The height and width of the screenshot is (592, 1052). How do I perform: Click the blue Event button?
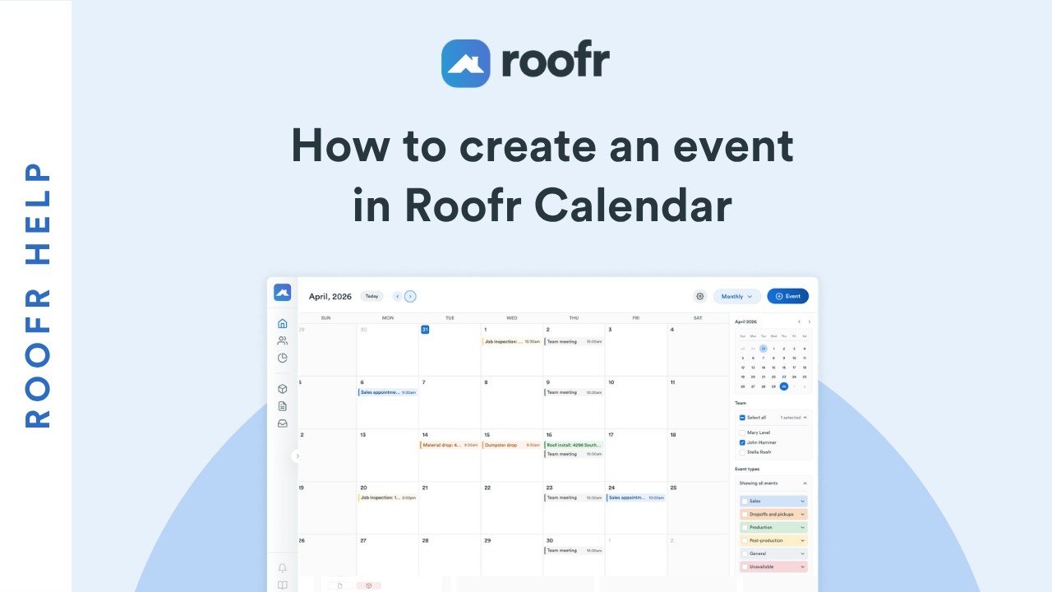pos(787,296)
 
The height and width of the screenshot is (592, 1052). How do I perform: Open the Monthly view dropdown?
pos(736,296)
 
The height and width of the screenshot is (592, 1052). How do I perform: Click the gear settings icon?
pos(700,296)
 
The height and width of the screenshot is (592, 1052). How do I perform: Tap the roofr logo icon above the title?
pos(465,63)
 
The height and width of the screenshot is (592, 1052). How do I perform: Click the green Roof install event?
pos(574,445)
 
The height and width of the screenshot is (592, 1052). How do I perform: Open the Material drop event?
pos(449,445)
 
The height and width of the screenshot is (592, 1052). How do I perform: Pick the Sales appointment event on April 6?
pos(388,392)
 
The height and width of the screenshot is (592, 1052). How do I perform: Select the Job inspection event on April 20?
pos(388,497)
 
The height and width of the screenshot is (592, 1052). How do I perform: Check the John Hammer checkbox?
pos(742,442)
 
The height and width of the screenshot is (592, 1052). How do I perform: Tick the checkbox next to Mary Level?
pos(742,432)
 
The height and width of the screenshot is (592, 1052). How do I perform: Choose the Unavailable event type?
pos(773,567)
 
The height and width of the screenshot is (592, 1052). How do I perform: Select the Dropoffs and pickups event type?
pos(773,514)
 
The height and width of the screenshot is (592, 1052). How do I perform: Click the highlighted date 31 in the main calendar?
pos(425,330)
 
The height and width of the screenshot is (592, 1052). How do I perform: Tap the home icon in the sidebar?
pos(283,323)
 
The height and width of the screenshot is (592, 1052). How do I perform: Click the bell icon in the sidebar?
pos(283,568)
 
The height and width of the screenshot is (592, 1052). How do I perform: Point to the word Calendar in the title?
pos(633,206)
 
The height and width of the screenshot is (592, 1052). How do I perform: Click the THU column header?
pos(574,318)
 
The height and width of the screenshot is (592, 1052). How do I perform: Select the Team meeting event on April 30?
pos(574,550)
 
